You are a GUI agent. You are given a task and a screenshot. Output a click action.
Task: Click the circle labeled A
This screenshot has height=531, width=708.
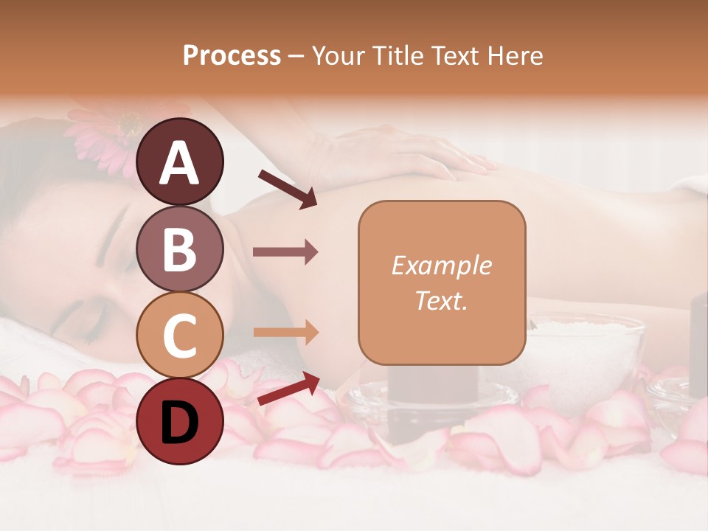[x=179, y=162]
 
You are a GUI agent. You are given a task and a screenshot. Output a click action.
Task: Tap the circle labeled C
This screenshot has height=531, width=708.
[x=179, y=335]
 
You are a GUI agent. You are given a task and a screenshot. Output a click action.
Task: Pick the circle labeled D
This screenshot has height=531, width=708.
[x=179, y=421]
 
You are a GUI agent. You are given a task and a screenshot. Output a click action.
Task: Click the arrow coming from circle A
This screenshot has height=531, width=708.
[x=288, y=189]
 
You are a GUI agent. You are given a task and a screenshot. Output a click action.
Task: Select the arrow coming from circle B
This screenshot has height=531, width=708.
[x=285, y=252]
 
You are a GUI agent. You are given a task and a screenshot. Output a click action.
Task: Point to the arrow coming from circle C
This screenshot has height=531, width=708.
[x=285, y=333]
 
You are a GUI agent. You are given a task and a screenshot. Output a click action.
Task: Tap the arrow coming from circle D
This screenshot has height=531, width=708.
[x=288, y=389]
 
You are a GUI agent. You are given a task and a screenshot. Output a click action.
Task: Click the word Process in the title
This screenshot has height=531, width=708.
[x=232, y=55]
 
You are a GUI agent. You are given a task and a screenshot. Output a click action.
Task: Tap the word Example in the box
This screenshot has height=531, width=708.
[x=442, y=265]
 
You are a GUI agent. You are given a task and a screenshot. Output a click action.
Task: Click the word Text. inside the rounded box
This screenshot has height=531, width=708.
[x=442, y=300]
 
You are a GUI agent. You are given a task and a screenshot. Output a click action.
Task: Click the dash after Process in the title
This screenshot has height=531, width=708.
[x=296, y=57]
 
